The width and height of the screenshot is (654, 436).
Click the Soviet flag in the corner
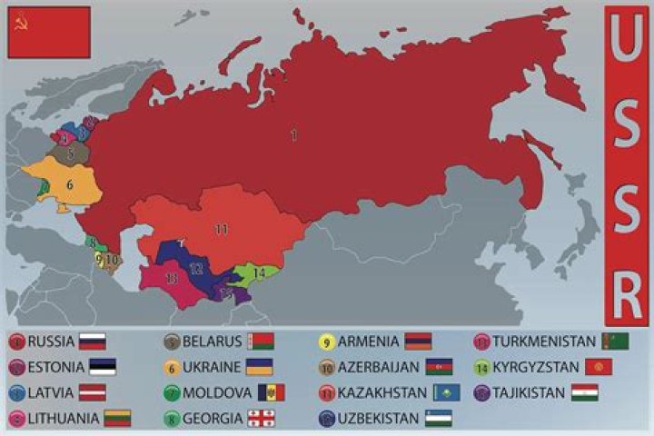coord(49,33)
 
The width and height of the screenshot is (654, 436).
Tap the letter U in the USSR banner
coord(628,41)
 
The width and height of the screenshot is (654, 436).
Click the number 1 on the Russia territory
coord(293,135)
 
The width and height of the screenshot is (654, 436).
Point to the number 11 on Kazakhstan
coord(222,229)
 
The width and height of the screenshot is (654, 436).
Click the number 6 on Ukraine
coord(69,184)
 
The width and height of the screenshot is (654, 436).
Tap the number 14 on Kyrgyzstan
coord(260,272)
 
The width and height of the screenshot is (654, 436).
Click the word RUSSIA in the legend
coord(52,342)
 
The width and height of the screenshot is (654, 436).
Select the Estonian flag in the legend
coord(103,368)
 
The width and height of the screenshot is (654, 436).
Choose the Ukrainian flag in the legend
coord(260,367)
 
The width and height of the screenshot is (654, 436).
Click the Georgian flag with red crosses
coord(261,419)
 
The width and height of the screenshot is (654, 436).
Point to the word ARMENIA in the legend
coord(369,342)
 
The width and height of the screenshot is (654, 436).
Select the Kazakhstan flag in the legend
coord(446,393)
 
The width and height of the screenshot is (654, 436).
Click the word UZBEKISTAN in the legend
coord(379,419)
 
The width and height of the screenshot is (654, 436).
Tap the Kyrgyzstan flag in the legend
coord(599,367)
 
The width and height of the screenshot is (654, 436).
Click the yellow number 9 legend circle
coord(325,342)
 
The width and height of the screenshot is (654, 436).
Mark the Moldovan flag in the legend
coord(271,393)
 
